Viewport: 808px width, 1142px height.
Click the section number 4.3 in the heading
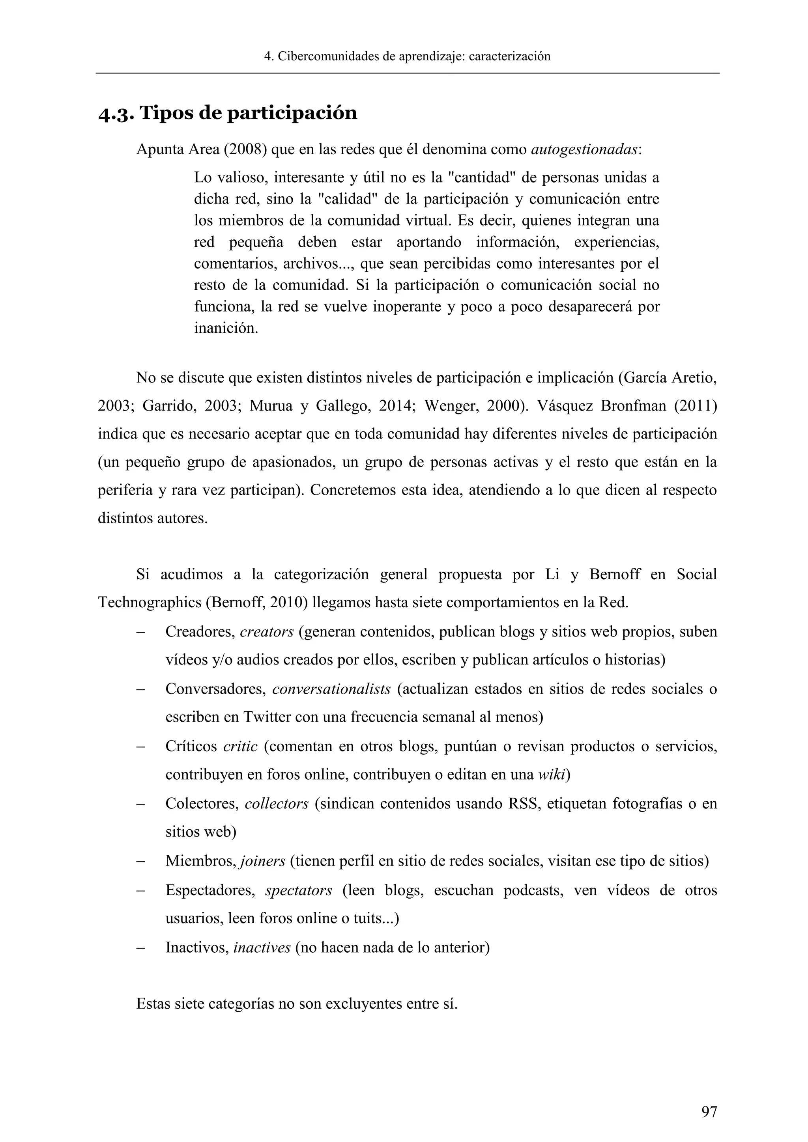pyautogui.click(x=116, y=114)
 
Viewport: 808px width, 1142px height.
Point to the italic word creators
pyautogui.click(x=267, y=632)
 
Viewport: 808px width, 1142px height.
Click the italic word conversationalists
pyautogui.click(x=331, y=689)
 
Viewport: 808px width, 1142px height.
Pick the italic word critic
pyautogui.click(x=240, y=746)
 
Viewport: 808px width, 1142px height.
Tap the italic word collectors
pyautogui.click(x=277, y=804)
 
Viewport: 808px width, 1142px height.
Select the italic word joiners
pyautogui.click(x=262, y=861)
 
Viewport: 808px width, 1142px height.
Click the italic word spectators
pyautogui.click(x=299, y=890)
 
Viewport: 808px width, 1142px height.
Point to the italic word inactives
pyautogui.click(x=262, y=948)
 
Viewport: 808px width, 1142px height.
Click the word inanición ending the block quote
pyautogui.click(x=226, y=328)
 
